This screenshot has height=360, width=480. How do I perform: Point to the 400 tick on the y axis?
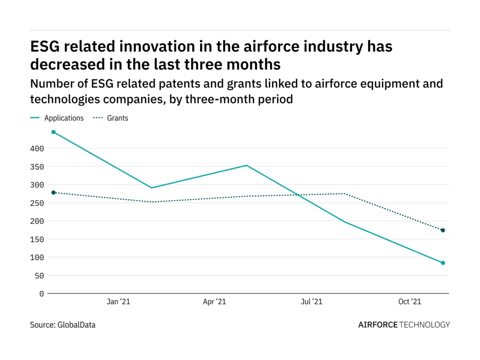38,149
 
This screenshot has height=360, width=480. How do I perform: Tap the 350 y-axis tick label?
38,167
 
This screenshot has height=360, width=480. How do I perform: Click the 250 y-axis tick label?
38,203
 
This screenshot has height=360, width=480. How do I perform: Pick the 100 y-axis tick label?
38,257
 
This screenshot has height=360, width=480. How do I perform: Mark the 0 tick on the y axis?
42,294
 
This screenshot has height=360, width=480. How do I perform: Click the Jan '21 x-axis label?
118,302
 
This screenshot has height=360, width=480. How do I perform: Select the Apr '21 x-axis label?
215,302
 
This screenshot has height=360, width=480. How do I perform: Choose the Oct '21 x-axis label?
410,302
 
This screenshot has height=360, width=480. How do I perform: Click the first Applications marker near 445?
53,132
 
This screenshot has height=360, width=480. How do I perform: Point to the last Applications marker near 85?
442,263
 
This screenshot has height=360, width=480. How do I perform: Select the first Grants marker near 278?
53,193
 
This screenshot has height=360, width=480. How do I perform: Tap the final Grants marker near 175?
442,230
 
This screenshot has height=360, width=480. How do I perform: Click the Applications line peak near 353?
247,165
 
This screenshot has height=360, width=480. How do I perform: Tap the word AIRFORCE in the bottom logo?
378,324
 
